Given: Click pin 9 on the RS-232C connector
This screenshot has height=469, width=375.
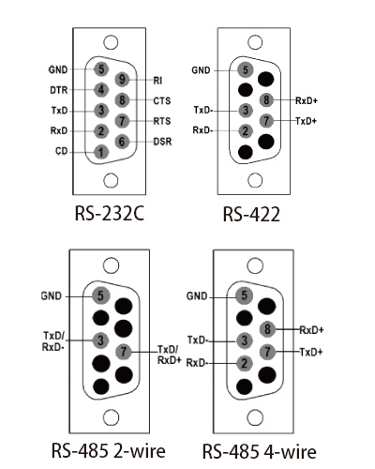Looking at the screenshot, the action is tap(122, 80).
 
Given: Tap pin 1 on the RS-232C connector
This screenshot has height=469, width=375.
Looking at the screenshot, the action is tap(101, 152).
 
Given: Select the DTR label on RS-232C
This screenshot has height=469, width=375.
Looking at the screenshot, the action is tap(59, 90).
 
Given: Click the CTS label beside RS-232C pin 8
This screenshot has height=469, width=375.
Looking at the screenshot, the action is tap(162, 101).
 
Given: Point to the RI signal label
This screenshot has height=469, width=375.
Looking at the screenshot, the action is tap(157, 81).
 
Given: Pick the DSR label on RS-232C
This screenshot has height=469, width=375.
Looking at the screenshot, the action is tap(162, 142).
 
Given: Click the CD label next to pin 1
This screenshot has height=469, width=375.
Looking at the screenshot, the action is tap(62, 151).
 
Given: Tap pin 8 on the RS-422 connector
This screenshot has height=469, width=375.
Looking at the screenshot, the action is tap(266, 100).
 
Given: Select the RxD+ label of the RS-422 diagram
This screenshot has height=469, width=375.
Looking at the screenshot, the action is tap(307, 100).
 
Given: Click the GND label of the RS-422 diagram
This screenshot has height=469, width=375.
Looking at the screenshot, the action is tap(201, 70).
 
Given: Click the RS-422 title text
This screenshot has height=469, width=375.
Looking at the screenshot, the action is tap(251, 215).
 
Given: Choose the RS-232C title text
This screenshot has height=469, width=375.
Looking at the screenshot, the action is tap(110, 213).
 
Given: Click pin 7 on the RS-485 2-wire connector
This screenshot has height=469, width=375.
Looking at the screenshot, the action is tap(124, 352).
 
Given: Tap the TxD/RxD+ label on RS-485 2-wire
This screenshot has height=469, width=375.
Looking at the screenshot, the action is tap(169, 355).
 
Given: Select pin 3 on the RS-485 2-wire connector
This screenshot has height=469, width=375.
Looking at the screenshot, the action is tap(100, 340).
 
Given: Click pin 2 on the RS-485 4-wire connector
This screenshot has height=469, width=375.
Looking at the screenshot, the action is tap(245, 363).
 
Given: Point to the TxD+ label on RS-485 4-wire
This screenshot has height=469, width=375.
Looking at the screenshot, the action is tap(311, 353).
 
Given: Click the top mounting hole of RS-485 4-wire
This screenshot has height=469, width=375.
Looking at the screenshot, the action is tap(255, 265).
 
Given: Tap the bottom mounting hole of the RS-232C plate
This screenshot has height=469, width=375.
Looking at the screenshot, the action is tap(111, 180).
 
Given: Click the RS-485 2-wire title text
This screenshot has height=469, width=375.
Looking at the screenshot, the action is tap(109, 451).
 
